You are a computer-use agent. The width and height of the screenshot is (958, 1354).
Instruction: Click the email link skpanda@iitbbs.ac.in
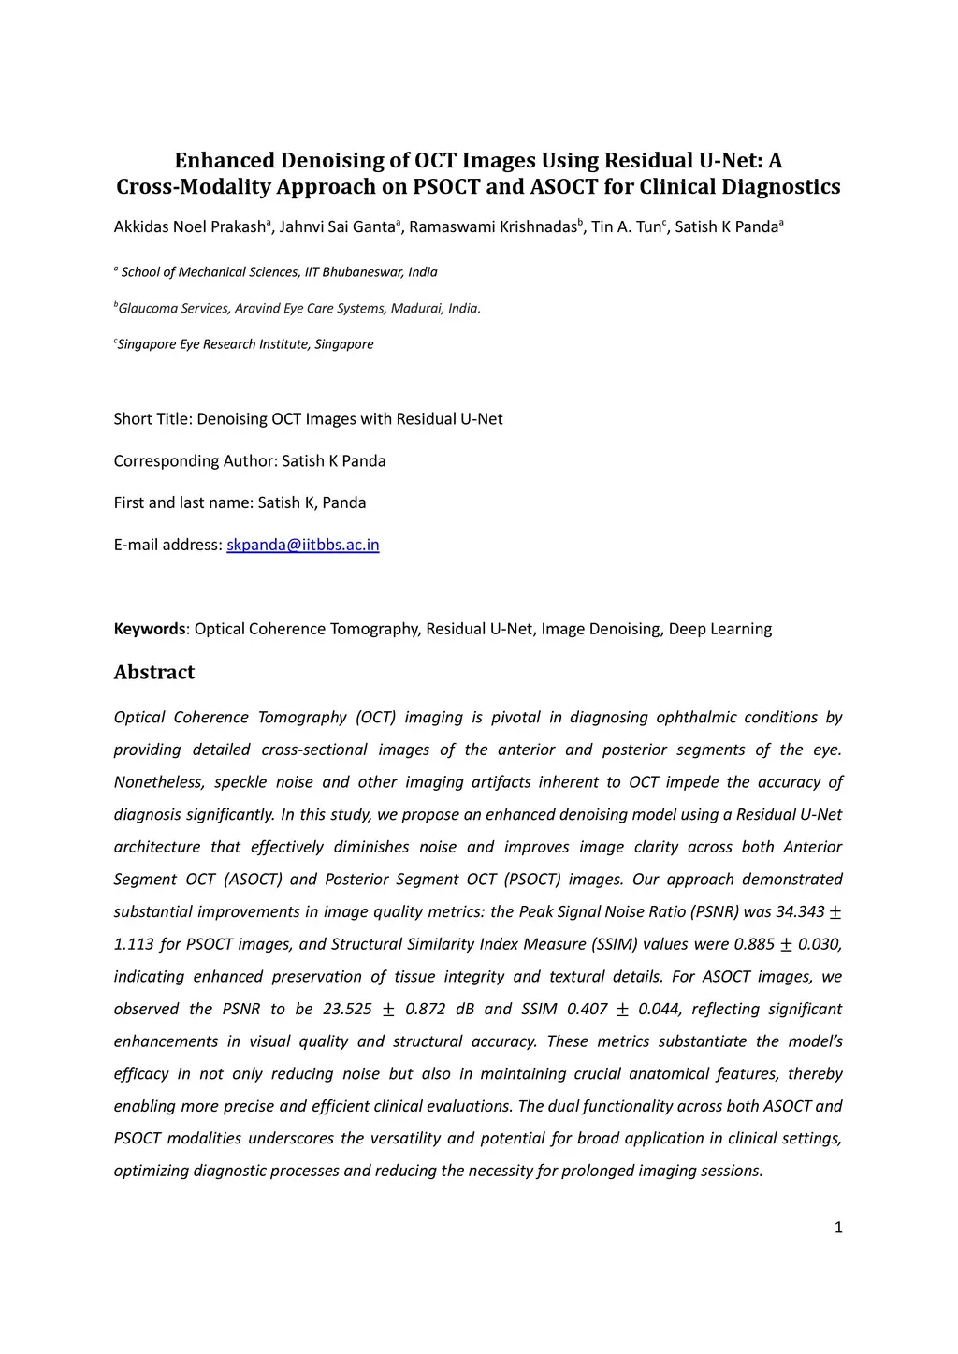point(303,545)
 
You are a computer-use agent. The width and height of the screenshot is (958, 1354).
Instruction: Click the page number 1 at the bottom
point(838,1227)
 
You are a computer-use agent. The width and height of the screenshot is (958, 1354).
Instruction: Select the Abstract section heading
point(154,672)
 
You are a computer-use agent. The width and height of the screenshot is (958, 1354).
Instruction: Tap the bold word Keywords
point(150,629)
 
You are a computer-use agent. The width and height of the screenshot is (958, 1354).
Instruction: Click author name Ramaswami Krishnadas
point(492,227)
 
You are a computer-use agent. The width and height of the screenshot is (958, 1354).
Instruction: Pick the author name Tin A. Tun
point(625,227)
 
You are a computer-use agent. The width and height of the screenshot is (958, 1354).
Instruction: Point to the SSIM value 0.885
point(755,944)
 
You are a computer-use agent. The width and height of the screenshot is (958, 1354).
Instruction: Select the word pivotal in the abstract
point(515,718)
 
